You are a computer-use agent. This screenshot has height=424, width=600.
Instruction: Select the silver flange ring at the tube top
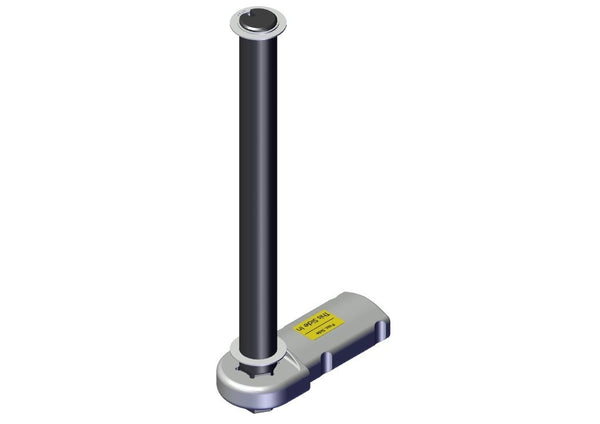tap(237, 20)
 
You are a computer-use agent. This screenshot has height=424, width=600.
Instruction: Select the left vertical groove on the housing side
tap(328, 358)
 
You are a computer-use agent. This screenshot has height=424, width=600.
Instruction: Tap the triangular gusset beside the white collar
tap(290, 356)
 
